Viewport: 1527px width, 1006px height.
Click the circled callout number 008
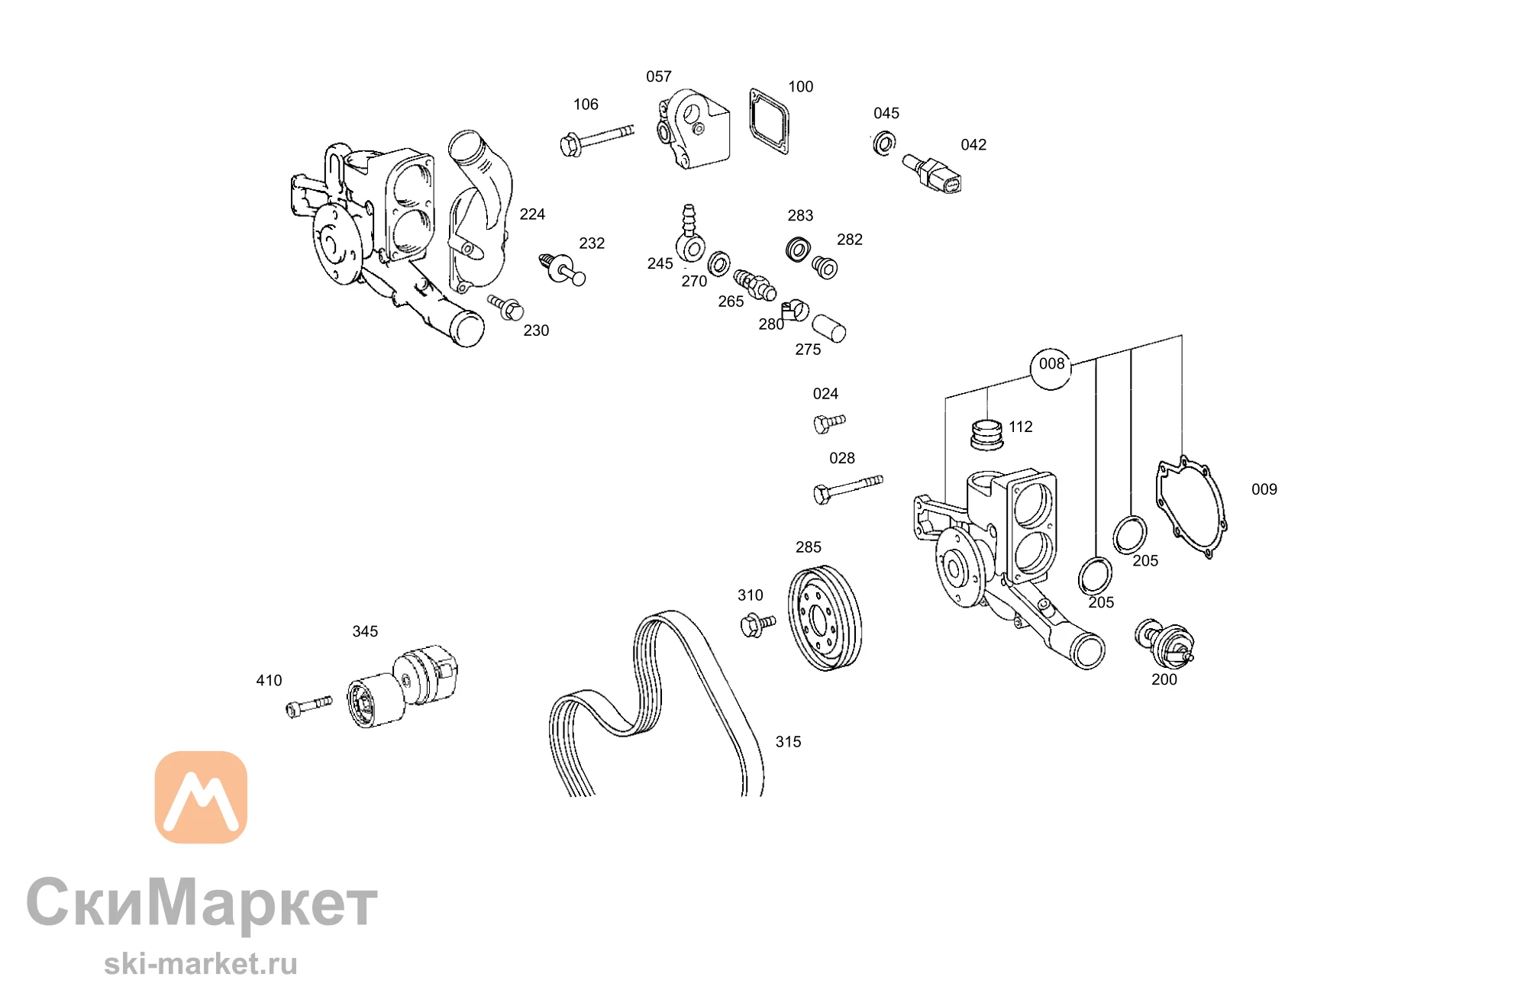click(1051, 364)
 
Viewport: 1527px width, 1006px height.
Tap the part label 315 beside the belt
click(788, 742)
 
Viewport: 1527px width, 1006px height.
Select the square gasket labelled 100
click(769, 121)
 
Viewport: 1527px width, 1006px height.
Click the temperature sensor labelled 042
click(931, 173)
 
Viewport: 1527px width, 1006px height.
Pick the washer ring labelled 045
click(884, 143)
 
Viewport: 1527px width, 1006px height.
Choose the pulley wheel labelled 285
click(825, 618)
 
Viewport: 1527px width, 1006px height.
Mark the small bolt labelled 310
click(757, 625)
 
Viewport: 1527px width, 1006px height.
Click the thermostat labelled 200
click(1164, 643)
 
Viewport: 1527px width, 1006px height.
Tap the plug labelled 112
click(986, 434)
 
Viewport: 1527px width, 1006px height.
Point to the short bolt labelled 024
click(829, 423)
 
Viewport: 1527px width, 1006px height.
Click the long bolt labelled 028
click(847, 489)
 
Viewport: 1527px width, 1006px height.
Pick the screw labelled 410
click(308, 706)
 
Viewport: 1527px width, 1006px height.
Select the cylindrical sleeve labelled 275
click(828, 328)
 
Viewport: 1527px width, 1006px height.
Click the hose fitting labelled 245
click(689, 234)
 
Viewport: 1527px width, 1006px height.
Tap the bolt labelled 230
click(506, 308)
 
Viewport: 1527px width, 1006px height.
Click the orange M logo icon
click(201, 797)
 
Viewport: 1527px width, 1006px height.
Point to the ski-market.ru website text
click(201, 963)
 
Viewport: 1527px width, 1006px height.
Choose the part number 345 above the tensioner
click(365, 631)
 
